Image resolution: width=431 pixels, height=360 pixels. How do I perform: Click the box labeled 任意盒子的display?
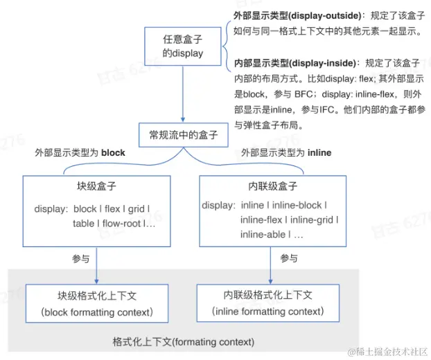184,46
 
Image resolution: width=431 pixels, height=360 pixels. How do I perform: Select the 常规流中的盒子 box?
184,134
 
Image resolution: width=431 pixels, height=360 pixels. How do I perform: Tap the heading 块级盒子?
96,188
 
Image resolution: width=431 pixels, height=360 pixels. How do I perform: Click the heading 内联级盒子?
272,187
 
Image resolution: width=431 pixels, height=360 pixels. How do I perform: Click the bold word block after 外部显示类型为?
113,152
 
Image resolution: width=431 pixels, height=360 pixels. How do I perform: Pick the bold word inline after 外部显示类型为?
319,152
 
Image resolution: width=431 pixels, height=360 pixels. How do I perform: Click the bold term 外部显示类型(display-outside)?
291,14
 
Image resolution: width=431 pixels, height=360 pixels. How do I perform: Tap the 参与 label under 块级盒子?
81,259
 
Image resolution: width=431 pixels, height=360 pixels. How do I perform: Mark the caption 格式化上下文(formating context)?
184,342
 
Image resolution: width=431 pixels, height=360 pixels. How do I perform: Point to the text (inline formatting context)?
268,312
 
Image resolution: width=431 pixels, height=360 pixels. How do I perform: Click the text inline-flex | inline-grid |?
289,220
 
